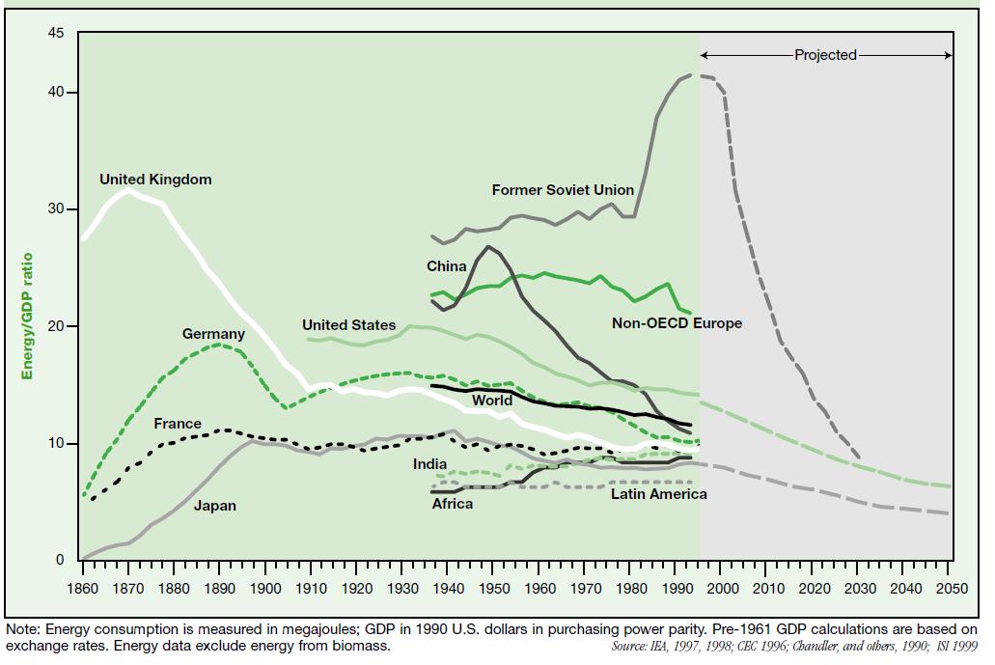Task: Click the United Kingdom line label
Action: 155,180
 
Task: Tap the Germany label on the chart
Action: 213,334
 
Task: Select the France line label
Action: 178,424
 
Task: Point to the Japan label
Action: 214,506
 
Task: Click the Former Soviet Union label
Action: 563,190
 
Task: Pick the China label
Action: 447,265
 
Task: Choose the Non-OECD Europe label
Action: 677,323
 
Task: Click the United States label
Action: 348,325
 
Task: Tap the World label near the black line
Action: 492,401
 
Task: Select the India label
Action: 430,464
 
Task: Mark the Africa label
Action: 453,504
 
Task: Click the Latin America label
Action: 658,494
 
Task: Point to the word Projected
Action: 825,55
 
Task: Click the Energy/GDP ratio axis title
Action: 27,317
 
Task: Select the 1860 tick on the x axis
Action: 83,589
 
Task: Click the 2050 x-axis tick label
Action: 952,589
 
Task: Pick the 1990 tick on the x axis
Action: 677,589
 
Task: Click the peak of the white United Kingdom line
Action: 128,191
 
